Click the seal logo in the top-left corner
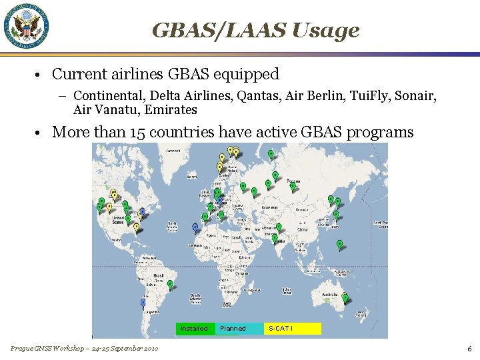(27, 27)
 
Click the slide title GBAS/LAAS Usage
(255, 30)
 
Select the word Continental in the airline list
(106, 96)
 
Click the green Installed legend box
(194, 328)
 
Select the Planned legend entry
(233, 328)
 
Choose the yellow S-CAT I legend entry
(292, 328)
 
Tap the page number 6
(469, 349)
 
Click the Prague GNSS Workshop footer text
(84, 349)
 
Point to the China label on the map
(302, 229)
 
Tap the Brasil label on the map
(159, 275)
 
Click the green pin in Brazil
(170, 285)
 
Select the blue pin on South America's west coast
(143, 303)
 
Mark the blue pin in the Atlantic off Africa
(195, 227)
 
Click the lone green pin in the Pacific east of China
(339, 244)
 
